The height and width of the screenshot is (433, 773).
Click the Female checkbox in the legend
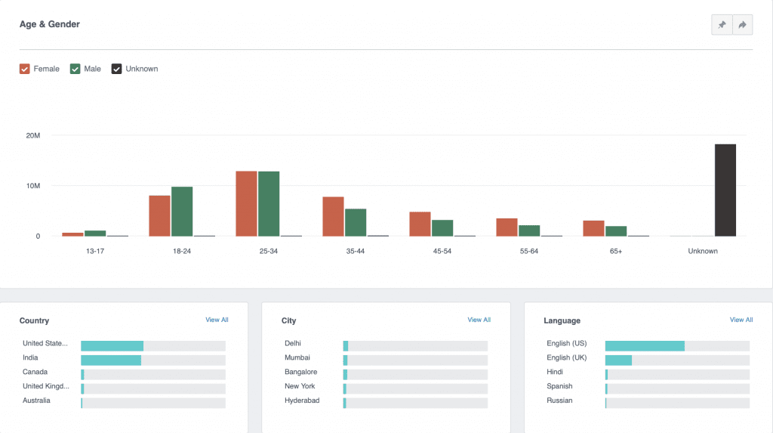[25, 69]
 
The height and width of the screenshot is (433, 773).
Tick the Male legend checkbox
[75, 69]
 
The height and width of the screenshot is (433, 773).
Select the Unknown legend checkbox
[117, 69]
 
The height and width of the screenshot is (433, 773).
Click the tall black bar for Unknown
[725, 190]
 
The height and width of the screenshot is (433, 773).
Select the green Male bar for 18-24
[182, 211]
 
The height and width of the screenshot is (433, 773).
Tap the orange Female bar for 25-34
[246, 203]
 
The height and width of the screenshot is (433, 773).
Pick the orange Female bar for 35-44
[333, 216]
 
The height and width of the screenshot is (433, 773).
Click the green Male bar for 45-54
[442, 227]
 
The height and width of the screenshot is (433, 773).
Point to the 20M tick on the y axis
[32, 135]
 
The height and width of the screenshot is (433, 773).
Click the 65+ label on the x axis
[616, 251]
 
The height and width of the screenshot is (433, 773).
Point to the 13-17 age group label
[95, 251]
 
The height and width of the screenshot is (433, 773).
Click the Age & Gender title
[50, 24]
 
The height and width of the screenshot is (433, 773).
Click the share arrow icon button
[743, 25]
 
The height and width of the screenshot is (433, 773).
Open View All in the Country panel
[217, 320]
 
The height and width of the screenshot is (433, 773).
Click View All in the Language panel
[741, 320]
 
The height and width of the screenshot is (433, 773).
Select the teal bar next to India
[111, 360]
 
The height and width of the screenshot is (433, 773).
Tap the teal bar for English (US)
[645, 345]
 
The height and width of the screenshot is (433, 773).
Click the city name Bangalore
[300, 372]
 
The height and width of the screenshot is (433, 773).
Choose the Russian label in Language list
[559, 401]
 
